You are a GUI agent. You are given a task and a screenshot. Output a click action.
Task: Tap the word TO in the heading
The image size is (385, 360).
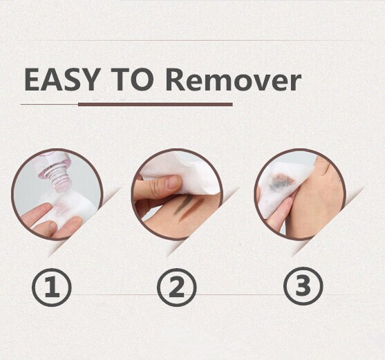click(133, 79)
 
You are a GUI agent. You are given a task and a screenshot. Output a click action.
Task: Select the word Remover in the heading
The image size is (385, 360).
click(234, 80)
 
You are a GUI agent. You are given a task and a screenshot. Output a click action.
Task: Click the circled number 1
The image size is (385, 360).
click(52, 287)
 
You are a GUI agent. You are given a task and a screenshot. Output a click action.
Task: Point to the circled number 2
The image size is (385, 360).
click(177, 287)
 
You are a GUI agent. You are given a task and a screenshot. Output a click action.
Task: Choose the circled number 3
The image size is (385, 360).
click(303, 286)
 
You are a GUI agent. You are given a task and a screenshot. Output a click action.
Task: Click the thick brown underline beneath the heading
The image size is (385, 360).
click(156, 104)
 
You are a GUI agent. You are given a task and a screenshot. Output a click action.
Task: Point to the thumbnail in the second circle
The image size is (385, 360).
click(173, 182)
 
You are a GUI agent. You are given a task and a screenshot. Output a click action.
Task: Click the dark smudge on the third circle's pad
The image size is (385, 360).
click(281, 182)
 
